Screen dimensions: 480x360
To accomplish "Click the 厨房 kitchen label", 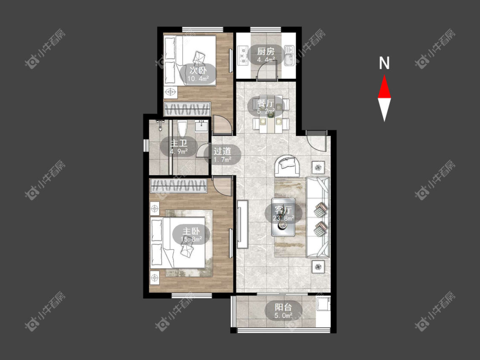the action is (x=265, y=51).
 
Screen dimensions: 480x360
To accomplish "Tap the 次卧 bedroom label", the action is (x=198, y=70).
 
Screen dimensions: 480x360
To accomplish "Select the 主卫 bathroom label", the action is (x=179, y=143).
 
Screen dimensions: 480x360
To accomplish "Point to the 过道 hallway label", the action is (x=222, y=151).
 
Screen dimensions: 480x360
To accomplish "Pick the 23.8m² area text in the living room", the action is (x=283, y=218).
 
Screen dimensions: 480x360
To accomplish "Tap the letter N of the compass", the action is (x=384, y=63).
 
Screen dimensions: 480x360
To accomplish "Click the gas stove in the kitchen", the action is (x=243, y=56).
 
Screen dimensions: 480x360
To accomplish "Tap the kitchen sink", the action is (x=289, y=55).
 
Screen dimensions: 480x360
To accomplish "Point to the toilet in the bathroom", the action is (x=182, y=128).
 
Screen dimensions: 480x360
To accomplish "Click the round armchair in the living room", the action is (x=288, y=165).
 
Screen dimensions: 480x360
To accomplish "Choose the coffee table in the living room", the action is (x=283, y=217).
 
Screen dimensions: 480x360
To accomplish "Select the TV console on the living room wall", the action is (x=242, y=224).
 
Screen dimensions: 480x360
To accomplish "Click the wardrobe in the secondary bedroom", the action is (x=187, y=109).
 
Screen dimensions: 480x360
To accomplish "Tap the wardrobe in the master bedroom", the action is (x=178, y=186).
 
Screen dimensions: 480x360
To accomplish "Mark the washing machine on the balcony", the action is (x=323, y=304).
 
